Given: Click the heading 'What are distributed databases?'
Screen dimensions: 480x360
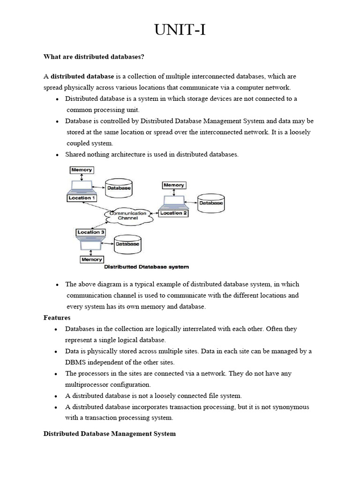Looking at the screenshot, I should (93, 57).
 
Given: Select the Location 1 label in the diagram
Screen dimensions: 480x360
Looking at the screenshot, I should (82, 198).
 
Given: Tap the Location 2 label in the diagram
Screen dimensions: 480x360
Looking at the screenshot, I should (173, 213).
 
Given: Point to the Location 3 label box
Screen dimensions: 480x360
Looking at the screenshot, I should (91, 232).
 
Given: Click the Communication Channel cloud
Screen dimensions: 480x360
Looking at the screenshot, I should (128, 216).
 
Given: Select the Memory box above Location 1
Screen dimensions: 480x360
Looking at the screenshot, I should (82, 170).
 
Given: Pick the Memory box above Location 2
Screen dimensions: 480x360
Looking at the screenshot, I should (173, 185).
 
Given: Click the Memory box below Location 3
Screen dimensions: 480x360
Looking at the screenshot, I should (91, 259).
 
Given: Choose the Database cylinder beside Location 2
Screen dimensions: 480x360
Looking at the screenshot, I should (211, 203).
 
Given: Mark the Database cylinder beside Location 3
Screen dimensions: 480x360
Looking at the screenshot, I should (127, 244).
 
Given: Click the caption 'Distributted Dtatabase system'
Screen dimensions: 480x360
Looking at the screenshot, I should (146, 267).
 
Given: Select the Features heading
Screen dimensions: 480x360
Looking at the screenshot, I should (57, 317).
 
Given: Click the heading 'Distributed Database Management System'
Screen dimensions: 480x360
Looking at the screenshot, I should (110, 434).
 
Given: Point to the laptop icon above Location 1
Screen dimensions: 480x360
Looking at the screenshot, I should (82, 187).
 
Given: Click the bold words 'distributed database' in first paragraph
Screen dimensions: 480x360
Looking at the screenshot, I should (82, 76).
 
